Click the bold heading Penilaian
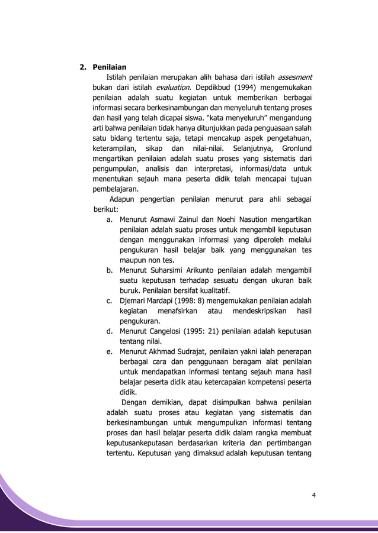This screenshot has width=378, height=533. [109, 66]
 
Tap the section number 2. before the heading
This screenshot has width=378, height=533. [84, 66]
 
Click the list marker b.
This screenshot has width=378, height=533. [110, 270]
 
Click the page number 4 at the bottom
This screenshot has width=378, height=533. [314, 495]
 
